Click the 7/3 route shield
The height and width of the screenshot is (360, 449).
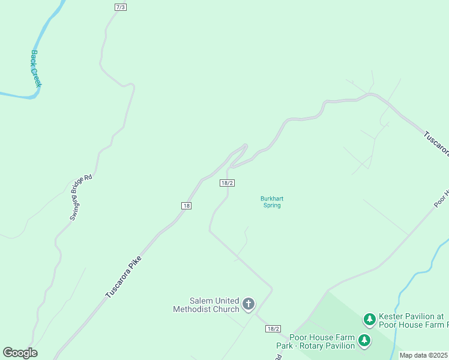coord(121,7)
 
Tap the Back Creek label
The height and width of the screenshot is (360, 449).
coord(35,69)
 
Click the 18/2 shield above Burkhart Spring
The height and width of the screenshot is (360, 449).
coord(226,183)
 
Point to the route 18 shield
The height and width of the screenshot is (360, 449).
coord(186,205)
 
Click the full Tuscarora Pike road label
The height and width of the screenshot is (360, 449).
coord(123,277)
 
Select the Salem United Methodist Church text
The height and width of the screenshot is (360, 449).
coord(206,305)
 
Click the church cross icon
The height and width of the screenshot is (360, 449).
coord(249,305)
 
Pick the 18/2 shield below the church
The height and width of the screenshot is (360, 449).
coord(273,329)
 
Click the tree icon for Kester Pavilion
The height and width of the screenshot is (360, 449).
coord(370,318)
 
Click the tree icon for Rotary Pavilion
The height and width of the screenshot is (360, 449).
coord(364,341)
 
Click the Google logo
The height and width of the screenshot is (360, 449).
coord(20,353)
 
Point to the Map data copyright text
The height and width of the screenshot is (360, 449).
coord(423,355)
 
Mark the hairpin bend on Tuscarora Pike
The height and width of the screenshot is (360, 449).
coord(245,146)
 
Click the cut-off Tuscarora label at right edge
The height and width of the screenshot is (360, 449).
coord(435,144)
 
